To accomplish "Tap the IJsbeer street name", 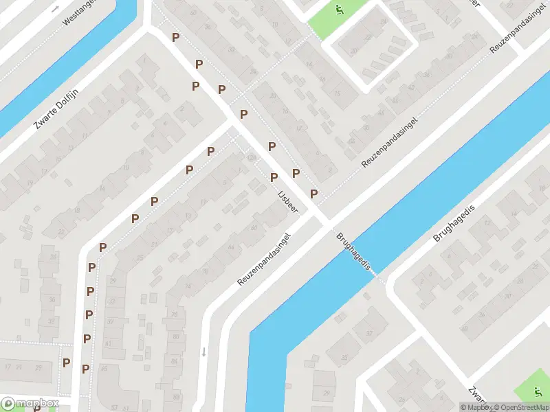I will click(287, 201).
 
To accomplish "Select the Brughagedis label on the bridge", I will click(354, 251).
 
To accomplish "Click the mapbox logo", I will click(30, 403).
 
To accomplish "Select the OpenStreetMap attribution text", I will click(520, 407).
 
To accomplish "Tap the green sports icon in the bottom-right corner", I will click(538, 392).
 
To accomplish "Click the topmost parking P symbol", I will click(176, 37).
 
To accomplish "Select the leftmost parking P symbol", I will click(67, 363).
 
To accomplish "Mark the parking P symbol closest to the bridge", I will click(313, 194).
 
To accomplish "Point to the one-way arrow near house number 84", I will click(203, 352).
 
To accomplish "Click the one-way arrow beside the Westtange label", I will click(56, 9).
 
